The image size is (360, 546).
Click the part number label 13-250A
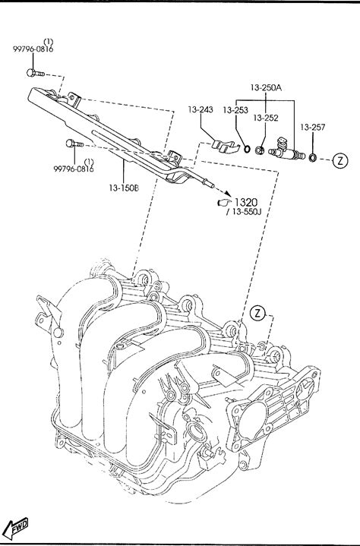coord(266,87)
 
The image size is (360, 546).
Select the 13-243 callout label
coord(201,109)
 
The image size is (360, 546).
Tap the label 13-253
coord(235,110)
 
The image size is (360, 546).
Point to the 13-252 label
coord(266,118)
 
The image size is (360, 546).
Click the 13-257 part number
coord(313,128)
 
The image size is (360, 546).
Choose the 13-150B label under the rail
coord(124,188)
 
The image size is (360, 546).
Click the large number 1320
coord(246,202)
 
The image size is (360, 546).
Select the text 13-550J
coord(246,212)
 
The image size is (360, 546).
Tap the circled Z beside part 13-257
coord(340,160)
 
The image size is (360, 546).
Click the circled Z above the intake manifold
coord(257,313)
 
